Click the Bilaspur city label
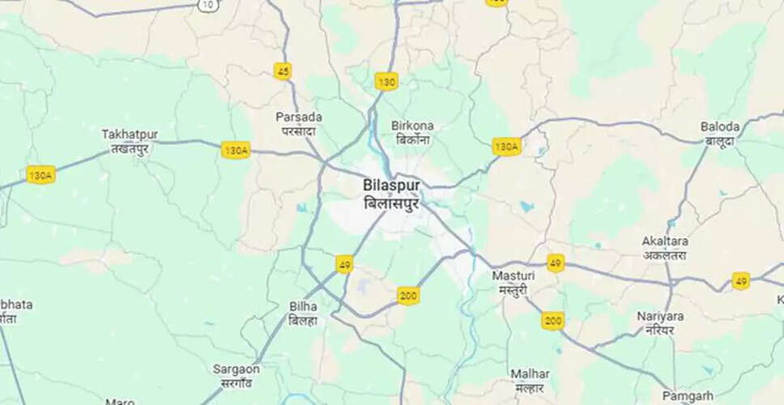tap(391, 194)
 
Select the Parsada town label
tap(299, 123)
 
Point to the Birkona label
tap(412, 132)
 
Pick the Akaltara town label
tap(664, 247)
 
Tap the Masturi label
tap(513, 282)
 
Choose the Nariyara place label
tap(660, 322)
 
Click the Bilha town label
tap(303, 313)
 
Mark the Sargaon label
tap(236, 375)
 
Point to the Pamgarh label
tap(688, 395)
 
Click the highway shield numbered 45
tap(282, 71)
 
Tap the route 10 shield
tap(208, 6)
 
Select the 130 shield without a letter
tap(386, 81)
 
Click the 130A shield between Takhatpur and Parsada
tap(236, 150)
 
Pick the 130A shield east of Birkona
tap(506, 147)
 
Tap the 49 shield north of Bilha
tap(344, 264)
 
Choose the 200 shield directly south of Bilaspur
tap(408, 296)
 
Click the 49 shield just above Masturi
tap(555, 262)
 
